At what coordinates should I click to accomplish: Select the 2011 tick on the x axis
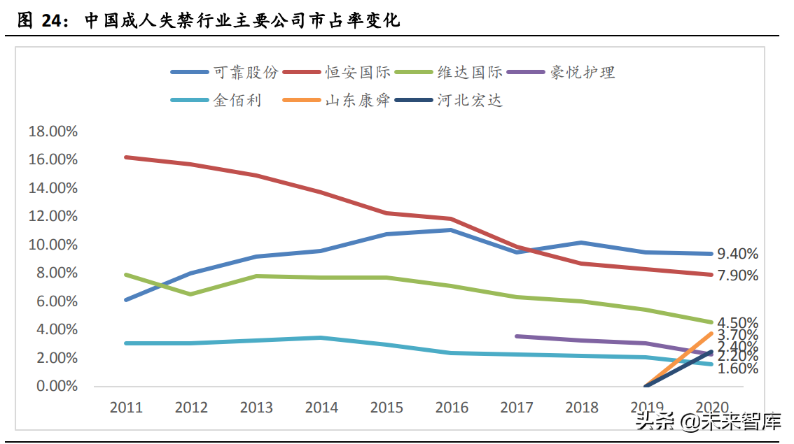click(126, 408)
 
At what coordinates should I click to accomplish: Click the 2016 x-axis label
click(451, 408)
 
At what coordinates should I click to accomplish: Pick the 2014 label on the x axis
click(321, 408)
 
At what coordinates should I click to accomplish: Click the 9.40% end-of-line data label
click(737, 254)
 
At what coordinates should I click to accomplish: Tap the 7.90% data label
click(737, 275)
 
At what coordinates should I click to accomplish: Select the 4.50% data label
click(737, 322)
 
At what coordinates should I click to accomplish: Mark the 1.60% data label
click(737, 368)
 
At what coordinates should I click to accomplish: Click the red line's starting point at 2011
click(126, 157)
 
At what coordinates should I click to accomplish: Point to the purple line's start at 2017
click(516, 336)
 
